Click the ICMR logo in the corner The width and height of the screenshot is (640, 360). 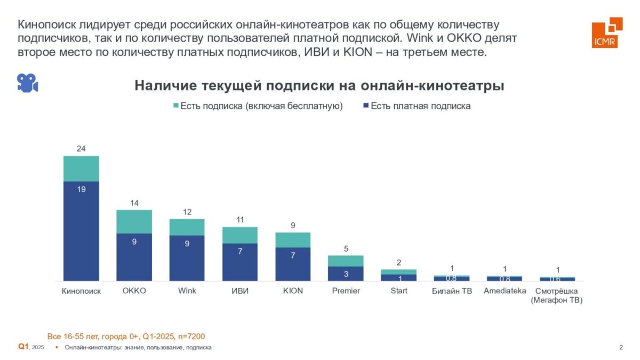point(606,32)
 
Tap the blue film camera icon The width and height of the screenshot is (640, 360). point(27,83)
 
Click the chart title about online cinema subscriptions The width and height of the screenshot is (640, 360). point(319,85)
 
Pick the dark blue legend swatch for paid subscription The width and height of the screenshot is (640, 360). point(365,106)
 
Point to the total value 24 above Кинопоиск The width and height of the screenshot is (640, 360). point(81,149)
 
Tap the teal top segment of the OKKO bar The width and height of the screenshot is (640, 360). point(134,221)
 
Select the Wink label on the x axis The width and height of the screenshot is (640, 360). point(187,291)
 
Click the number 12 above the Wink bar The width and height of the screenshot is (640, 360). point(187,212)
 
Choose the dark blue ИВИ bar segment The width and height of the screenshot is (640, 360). point(240,262)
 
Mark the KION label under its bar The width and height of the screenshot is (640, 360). point(293,291)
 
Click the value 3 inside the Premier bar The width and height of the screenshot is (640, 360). point(346,274)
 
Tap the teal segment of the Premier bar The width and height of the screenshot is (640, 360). point(346,260)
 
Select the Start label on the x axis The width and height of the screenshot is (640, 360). point(398,291)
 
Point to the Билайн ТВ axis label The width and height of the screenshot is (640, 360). point(452,291)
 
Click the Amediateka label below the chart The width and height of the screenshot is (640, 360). point(505,291)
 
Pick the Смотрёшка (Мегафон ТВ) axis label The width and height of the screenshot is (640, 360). point(557,295)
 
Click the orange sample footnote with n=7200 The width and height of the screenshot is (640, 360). point(126,336)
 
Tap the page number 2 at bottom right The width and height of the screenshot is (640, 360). point(621,348)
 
